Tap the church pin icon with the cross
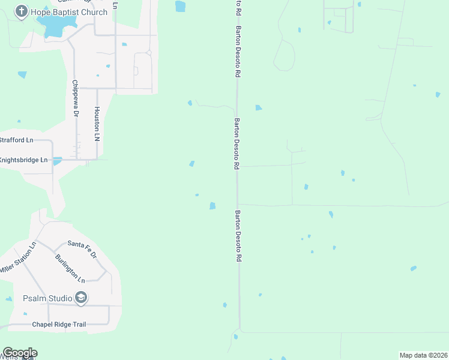pyautogui.click(x=22, y=12)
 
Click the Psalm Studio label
pyautogui.click(x=46, y=298)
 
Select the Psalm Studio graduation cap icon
pyautogui.click(x=80, y=298)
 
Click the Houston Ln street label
pyautogui.click(x=96, y=124)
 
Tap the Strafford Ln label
pyautogui.click(x=16, y=140)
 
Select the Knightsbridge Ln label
pyautogui.click(x=23, y=160)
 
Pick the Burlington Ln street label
pyautogui.click(x=70, y=268)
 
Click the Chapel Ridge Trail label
pyautogui.click(x=58, y=325)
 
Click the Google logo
pyautogui.click(x=20, y=353)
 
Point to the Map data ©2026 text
pyautogui.click(x=423, y=355)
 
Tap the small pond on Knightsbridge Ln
pyautogui.click(x=57, y=161)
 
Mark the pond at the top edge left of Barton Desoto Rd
pyautogui.click(x=180, y=6)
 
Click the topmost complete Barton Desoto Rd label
pyautogui.click(x=238, y=52)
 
